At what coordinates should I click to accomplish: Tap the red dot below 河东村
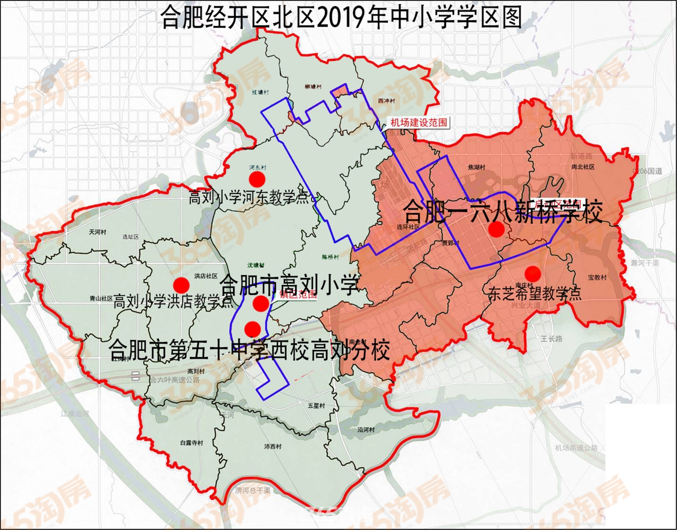click(x=257, y=179)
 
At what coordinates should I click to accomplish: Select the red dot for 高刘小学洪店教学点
click(x=181, y=285)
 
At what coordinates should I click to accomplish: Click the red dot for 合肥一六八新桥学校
click(x=497, y=230)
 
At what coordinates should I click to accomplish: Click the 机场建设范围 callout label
click(x=419, y=123)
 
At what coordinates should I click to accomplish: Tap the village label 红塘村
click(x=260, y=92)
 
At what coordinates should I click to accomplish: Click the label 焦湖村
click(x=476, y=167)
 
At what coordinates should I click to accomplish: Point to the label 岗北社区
click(x=583, y=167)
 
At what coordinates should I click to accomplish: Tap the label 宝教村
click(x=597, y=278)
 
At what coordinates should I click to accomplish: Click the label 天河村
click(x=97, y=232)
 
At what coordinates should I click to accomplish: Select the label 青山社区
click(x=101, y=299)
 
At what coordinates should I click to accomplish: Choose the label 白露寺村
click(x=191, y=443)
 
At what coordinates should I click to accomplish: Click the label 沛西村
click(x=272, y=446)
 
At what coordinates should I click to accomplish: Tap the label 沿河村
click(x=366, y=430)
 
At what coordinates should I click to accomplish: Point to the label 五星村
click(x=316, y=405)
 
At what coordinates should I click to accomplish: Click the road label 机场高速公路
click(x=576, y=448)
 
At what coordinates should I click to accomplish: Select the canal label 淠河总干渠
click(x=253, y=490)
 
